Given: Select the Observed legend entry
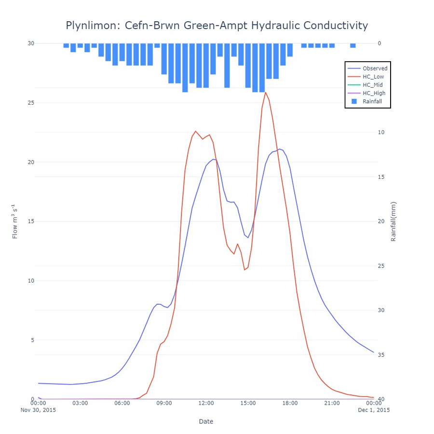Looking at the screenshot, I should pyautogui.click(x=375, y=68).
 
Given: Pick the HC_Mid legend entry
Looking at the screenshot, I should pyautogui.click(x=373, y=85).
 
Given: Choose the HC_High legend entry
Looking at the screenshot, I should pyautogui.click(x=374, y=93).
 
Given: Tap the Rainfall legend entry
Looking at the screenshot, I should pyautogui.click(x=372, y=101).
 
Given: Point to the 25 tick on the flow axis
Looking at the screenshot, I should pyautogui.click(x=31, y=103).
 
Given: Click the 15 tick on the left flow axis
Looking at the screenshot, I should pyautogui.click(x=31, y=221).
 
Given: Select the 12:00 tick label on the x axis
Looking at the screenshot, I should pyautogui.click(x=206, y=403).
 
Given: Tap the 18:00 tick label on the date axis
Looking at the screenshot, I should pyautogui.click(x=290, y=403).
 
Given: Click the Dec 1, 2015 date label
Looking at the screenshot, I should pyautogui.click(x=374, y=410).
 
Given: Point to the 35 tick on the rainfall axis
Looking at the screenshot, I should pyautogui.click(x=380, y=355).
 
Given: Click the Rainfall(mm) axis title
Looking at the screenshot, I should pyautogui.click(x=393, y=221).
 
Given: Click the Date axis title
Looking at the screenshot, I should pyautogui.click(x=206, y=421).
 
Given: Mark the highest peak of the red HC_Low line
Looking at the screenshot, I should pyautogui.click(x=265, y=92).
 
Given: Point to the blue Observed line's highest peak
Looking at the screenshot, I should pyautogui.click(x=279, y=149).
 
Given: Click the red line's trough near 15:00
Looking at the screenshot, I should pyautogui.click(x=244, y=270).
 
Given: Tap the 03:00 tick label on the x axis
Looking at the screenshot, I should pyautogui.click(x=80, y=403).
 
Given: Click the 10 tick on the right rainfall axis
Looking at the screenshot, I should pyautogui.click(x=380, y=132).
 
